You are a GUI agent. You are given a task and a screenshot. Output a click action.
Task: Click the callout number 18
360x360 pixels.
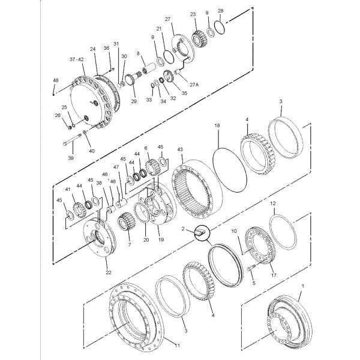[x=217, y=125]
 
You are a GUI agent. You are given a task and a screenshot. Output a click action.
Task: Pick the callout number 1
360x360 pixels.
[x=302, y=287]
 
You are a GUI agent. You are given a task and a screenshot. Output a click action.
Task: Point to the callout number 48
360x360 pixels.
[x=56, y=80]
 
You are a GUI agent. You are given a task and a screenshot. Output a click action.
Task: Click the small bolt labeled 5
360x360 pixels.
[x=250, y=266]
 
